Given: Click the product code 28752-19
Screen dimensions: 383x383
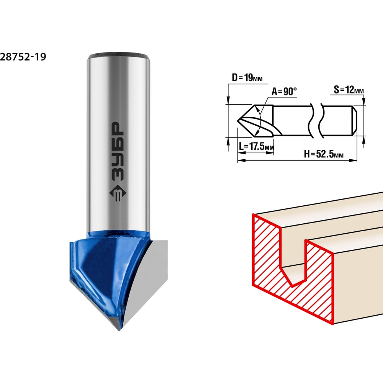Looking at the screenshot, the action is [x=23, y=57].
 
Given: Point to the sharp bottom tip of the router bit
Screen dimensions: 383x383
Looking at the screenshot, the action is [x=119, y=330].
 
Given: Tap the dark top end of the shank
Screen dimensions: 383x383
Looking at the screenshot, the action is [x=118, y=55].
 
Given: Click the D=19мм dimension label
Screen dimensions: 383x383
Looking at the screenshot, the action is [x=247, y=78].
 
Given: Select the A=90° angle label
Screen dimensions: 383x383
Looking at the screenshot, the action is [x=284, y=92].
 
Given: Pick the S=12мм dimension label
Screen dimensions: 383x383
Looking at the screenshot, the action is [x=349, y=90].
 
